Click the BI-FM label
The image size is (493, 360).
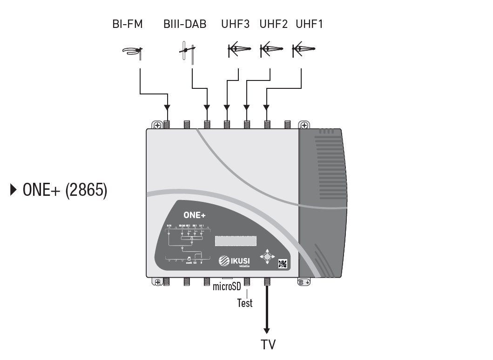click(x=127, y=24)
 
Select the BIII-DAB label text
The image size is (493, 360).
click(x=185, y=24)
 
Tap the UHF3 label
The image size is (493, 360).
click(x=236, y=24)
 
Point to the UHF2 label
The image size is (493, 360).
click(x=274, y=24)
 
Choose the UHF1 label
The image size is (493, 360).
click(x=309, y=24)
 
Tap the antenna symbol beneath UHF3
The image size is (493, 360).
click(x=239, y=49)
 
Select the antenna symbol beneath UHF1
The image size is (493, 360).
click(x=303, y=49)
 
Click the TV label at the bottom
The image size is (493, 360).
click(x=268, y=345)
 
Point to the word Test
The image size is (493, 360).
click(x=245, y=303)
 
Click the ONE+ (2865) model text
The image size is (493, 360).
click(x=60, y=190)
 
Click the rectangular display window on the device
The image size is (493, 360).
click(x=236, y=241)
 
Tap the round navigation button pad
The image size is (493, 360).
click(x=267, y=256)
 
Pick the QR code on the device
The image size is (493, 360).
click(x=283, y=264)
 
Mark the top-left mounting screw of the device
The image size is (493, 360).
click(x=156, y=125)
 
